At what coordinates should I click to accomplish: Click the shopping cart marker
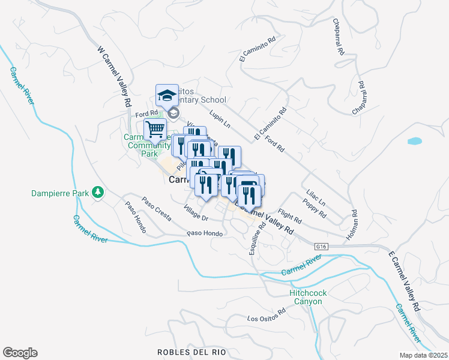pyautogui.click(x=155, y=128)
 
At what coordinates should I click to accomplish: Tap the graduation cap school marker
pyautogui.click(x=167, y=95)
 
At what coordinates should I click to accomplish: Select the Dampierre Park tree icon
pyautogui.click(x=97, y=193)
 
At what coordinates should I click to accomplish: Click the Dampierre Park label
pyautogui.click(x=59, y=193)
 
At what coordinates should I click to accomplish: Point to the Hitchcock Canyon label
pyautogui.click(x=308, y=297)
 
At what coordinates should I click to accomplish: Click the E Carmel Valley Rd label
pyautogui.click(x=402, y=280)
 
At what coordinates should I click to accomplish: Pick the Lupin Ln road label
pyautogui.click(x=220, y=118)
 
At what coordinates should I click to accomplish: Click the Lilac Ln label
pyautogui.click(x=315, y=198)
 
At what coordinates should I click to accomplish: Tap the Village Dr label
pyautogui.click(x=196, y=212)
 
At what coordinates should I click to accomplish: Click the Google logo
pyautogui.click(x=20, y=353)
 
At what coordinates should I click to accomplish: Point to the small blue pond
pyautogui.click(x=414, y=142)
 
